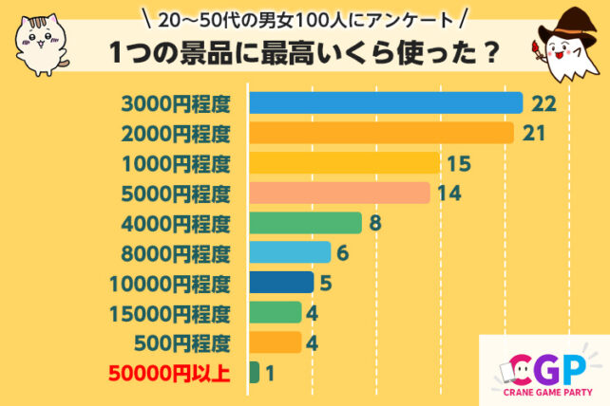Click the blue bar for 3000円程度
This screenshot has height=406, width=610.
(x=386, y=102)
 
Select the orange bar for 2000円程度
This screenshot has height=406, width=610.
(x=381, y=133)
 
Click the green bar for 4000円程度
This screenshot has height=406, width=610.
(x=305, y=223)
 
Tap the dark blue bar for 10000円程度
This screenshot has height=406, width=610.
(x=281, y=283)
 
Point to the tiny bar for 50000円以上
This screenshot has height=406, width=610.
(x=254, y=373)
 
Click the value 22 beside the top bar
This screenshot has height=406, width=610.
(x=543, y=102)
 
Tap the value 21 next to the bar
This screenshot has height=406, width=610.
(x=533, y=133)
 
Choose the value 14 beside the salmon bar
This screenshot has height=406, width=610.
(x=448, y=193)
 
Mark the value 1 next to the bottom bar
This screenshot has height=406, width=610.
(x=270, y=373)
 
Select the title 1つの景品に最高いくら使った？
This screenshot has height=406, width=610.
(x=305, y=55)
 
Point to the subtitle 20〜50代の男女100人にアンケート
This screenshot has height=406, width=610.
(x=304, y=19)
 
